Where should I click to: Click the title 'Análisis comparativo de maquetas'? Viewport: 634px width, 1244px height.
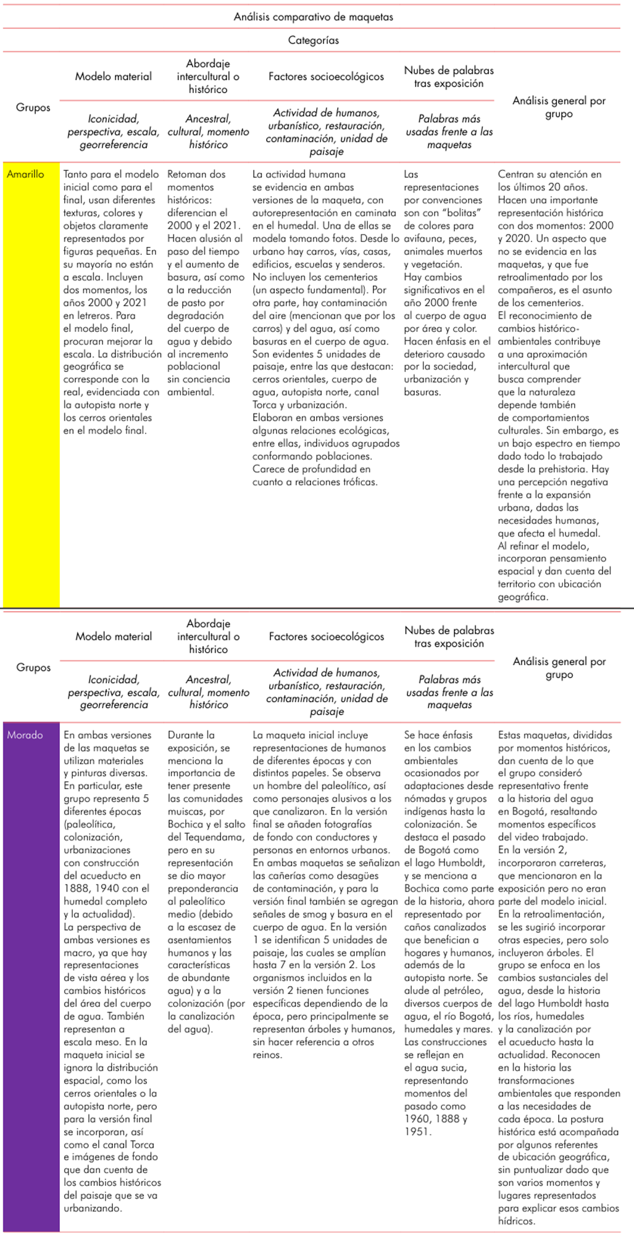tap(313, 17)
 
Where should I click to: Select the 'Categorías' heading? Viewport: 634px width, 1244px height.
tap(313, 40)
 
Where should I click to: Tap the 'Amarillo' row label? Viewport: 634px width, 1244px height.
tap(25, 174)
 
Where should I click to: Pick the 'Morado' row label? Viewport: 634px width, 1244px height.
tap(25, 735)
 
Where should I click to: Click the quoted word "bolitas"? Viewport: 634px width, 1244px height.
tap(462, 213)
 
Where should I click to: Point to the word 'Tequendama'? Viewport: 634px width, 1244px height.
tap(207, 837)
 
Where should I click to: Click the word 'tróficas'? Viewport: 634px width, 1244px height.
tap(356, 482)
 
